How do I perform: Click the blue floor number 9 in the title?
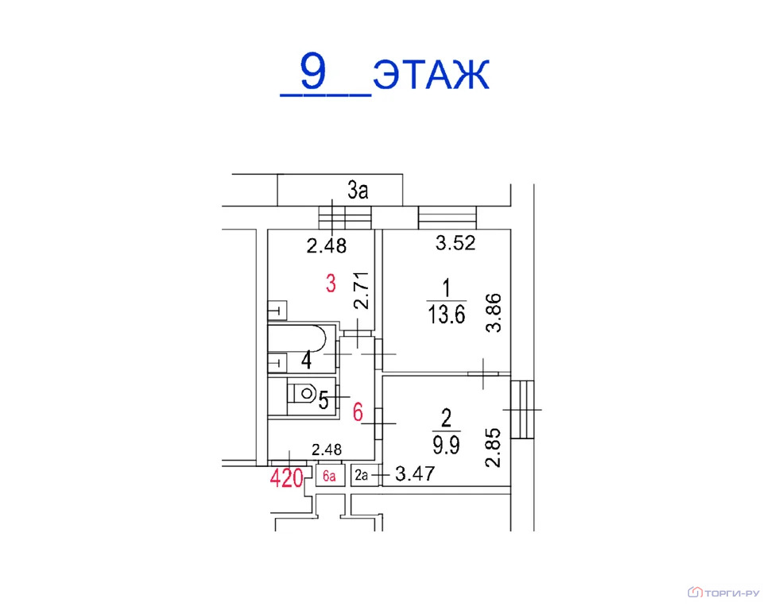tap(312, 71)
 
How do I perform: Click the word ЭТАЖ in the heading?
tap(432, 74)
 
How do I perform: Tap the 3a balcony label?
tap(358, 190)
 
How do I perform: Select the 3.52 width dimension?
tap(455, 243)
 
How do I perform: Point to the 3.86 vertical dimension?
tap(493, 313)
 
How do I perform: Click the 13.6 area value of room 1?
tap(446, 314)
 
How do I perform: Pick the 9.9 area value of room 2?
tap(446, 445)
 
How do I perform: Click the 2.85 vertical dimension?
tap(493, 447)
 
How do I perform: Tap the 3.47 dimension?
tap(415, 474)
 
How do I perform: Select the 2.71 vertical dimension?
tap(362, 291)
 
